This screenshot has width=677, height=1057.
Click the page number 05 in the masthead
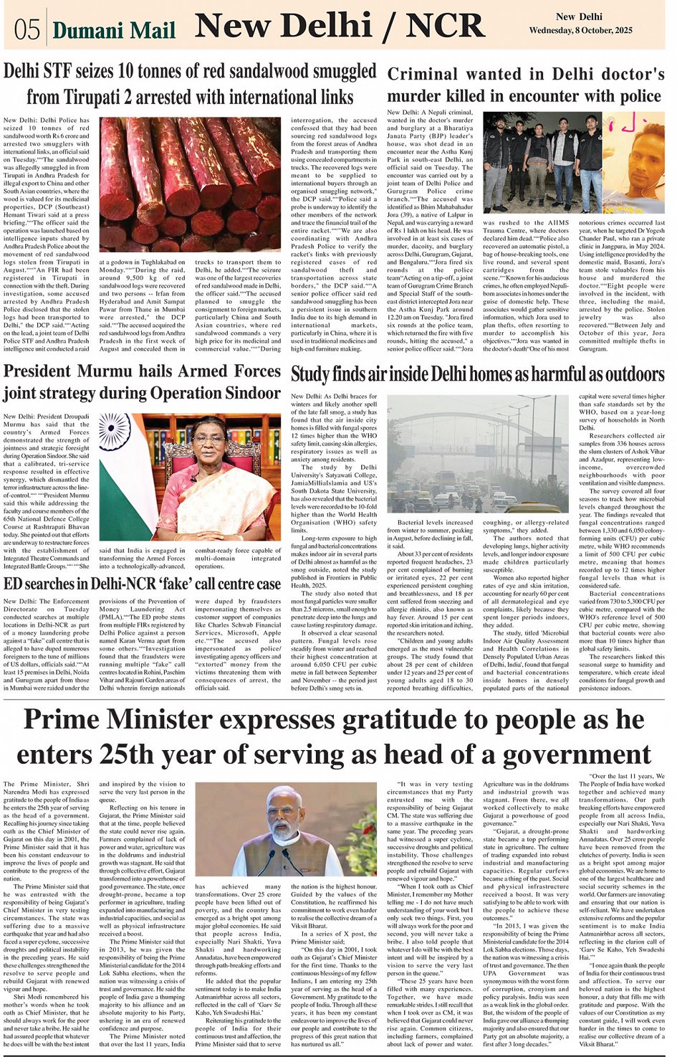[27, 29]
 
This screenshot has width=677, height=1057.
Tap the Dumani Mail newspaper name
[114, 30]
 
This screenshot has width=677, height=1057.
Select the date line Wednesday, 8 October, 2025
[580, 30]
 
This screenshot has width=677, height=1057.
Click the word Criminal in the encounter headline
[422, 74]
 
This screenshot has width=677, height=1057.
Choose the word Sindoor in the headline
[252, 393]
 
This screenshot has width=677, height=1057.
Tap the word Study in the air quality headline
[310, 374]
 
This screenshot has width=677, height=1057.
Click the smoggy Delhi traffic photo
[479, 454]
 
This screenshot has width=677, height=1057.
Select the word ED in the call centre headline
[14, 584]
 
